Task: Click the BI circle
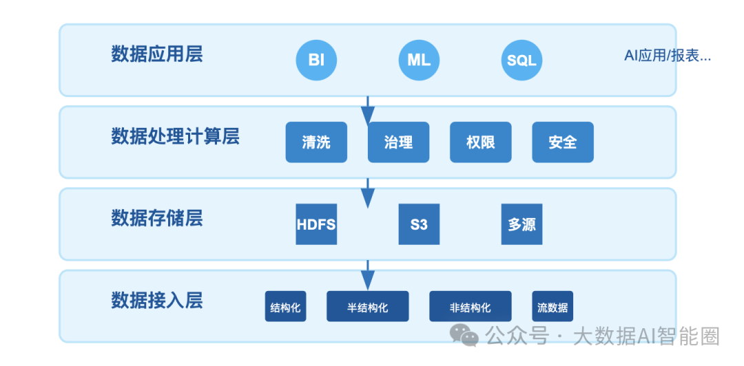click(x=316, y=61)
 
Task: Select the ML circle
click(x=419, y=61)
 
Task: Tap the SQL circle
click(x=522, y=61)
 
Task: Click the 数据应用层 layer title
click(x=157, y=54)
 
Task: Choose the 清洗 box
click(x=316, y=142)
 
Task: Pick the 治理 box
click(x=399, y=142)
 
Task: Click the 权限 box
click(x=481, y=142)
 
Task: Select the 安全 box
click(x=563, y=142)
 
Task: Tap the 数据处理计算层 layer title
click(x=175, y=136)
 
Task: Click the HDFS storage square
click(x=316, y=224)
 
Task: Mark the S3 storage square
click(x=419, y=224)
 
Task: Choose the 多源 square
click(x=522, y=224)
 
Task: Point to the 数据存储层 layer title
click(x=157, y=218)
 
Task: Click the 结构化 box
click(x=286, y=306)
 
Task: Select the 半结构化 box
click(x=368, y=306)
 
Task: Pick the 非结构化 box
click(x=471, y=306)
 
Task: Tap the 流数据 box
click(x=552, y=306)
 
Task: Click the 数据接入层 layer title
click(x=157, y=301)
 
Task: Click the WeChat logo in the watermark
click(x=465, y=335)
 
